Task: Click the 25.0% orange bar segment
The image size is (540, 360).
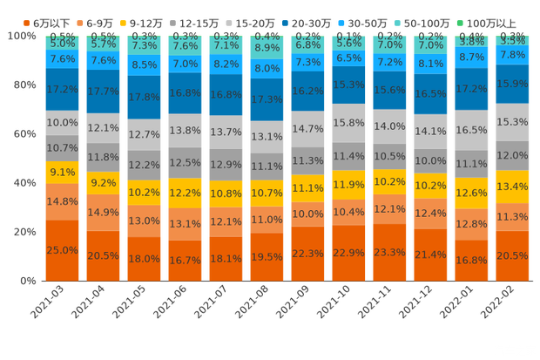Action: [x=62, y=250]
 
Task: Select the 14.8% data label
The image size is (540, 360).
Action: [x=62, y=202]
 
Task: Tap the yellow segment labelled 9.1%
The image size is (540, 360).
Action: [x=62, y=173]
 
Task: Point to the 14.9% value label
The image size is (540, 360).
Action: [x=103, y=212]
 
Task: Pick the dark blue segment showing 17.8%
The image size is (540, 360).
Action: [x=144, y=97]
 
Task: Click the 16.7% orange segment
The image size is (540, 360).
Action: [x=185, y=260]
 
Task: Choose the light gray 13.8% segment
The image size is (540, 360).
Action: [x=185, y=130]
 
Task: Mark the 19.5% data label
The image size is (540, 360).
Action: [x=267, y=257]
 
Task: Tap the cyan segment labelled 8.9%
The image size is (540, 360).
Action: [x=267, y=48]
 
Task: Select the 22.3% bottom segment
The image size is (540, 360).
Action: [x=307, y=253]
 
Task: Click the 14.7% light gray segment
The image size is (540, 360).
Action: [x=307, y=128]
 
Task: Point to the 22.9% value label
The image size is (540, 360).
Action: [x=348, y=252]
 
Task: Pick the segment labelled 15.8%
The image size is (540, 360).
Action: [x=348, y=123]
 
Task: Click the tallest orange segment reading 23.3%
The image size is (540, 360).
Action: [x=389, y=251]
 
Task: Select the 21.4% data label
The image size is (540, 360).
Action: [x=430, y=254]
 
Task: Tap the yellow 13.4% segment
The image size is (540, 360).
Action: [x=512, y=187]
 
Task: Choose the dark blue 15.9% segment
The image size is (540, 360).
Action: [x=512, y=84]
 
